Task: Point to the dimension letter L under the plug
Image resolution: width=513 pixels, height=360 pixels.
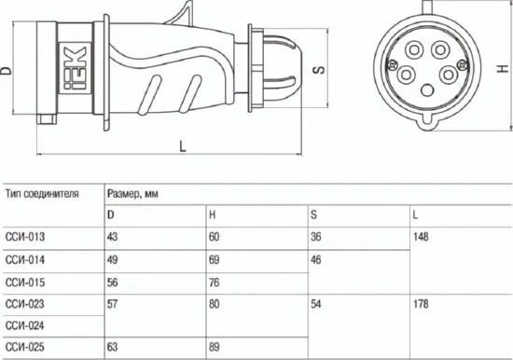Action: (x=181, y=145)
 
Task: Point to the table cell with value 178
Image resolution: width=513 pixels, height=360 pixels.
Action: (x=421, y=303)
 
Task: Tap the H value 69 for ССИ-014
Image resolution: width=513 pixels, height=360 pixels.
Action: (x=215, y=258)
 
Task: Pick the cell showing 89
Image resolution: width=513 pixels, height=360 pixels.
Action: (x=215, y=348)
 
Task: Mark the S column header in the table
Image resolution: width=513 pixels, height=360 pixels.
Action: (x=314, y=215)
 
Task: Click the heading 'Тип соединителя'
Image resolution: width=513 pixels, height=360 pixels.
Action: (x=41, y=194)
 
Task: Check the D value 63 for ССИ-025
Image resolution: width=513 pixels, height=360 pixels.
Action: (x=113, y=348)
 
